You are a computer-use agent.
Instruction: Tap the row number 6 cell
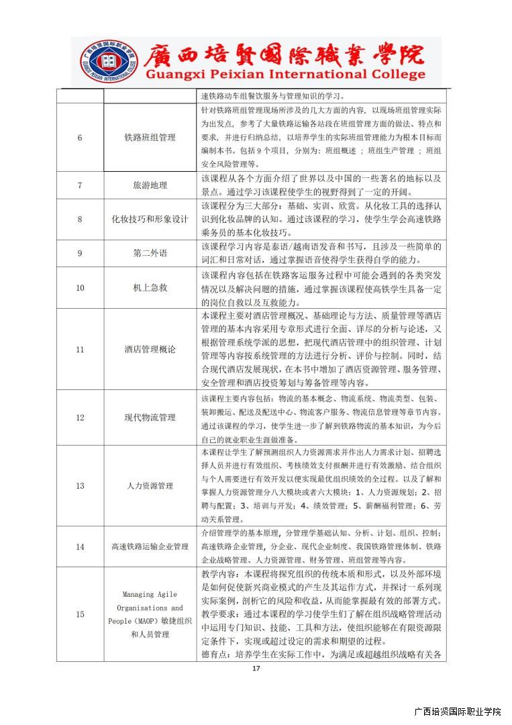pos(80,138)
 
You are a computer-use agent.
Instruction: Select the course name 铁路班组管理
pos(150,138)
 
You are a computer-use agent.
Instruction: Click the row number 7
pos(80,185)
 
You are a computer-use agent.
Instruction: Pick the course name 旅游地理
pos(150,185)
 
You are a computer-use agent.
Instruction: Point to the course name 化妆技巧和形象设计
pos(150,219)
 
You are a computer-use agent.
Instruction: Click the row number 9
pos(80,253)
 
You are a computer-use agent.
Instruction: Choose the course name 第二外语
pos(150,253)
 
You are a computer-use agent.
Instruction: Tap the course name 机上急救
pos(150,288)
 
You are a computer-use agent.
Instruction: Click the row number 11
pos(80,349)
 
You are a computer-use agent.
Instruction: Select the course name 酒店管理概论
pos(150,349)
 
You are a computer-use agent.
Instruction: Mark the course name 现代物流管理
pos(150,418)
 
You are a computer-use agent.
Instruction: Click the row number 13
pos(80,485)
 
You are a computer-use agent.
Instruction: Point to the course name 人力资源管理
pos(150,485)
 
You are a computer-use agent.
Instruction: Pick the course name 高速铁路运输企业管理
pos(150,547)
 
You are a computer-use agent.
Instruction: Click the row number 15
pos(80,614)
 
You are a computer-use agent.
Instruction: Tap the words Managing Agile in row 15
pos(150,594)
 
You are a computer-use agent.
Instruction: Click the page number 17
pos(256,668)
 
